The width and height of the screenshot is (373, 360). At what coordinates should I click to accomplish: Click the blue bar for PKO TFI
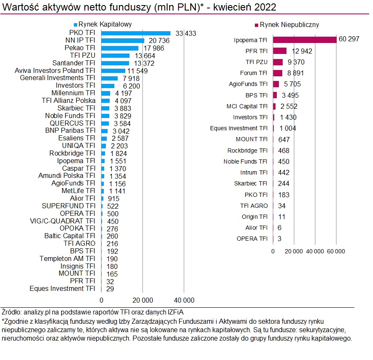click(136, 33)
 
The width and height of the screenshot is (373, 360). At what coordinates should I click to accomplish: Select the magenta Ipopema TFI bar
click(305, 40)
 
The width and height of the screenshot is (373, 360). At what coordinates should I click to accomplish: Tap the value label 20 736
click(158, 40)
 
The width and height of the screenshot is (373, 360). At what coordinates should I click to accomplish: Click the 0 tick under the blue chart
click(101, 300)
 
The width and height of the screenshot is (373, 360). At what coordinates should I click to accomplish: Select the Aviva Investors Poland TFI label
click(55, 70)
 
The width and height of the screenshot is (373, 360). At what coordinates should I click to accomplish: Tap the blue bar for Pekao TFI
click(120, 48)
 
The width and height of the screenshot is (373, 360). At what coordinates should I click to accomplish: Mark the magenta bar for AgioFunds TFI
click(276, 84)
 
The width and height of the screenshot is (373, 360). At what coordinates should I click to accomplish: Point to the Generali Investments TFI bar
click(110, 78)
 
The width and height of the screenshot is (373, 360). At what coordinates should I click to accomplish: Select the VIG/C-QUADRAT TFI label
click(62, 221)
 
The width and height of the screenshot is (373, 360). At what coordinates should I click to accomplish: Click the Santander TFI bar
click(115, 63)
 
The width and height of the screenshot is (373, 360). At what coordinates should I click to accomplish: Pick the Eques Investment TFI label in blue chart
click(62, 288)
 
